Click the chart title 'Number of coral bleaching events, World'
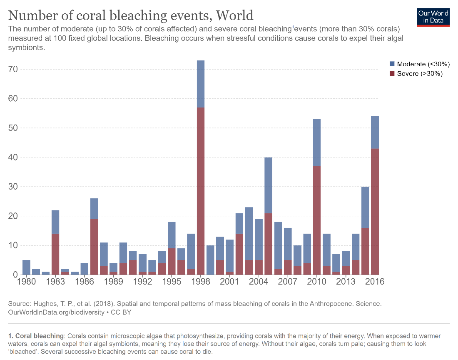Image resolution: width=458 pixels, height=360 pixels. click(131, 15)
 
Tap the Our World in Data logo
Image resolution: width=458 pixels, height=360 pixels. click(433, 17)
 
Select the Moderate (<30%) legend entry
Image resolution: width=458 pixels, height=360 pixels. click(419, 64)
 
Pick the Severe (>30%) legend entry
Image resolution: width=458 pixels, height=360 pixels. click(416, 74)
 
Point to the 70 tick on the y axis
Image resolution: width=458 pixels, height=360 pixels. click(15, 69)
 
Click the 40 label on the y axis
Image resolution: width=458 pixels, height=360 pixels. click(15, 157)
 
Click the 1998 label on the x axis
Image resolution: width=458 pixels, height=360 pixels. click(201, 282)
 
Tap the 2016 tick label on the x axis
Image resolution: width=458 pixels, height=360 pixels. click(375, 282)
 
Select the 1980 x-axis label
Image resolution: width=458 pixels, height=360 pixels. click(26, 282)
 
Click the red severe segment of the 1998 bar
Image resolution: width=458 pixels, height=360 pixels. click(201, 192)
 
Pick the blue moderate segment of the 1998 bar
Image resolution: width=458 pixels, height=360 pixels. click(201, 84)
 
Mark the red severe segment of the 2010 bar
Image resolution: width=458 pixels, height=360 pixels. click(317, 220)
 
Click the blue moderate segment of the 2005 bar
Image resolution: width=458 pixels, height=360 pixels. click(269, 185)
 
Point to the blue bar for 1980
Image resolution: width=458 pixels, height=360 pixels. click(26, 267)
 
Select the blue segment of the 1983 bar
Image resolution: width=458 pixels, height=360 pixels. click(55, 222)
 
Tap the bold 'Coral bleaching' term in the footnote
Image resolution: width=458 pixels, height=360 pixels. click(40, 336)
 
